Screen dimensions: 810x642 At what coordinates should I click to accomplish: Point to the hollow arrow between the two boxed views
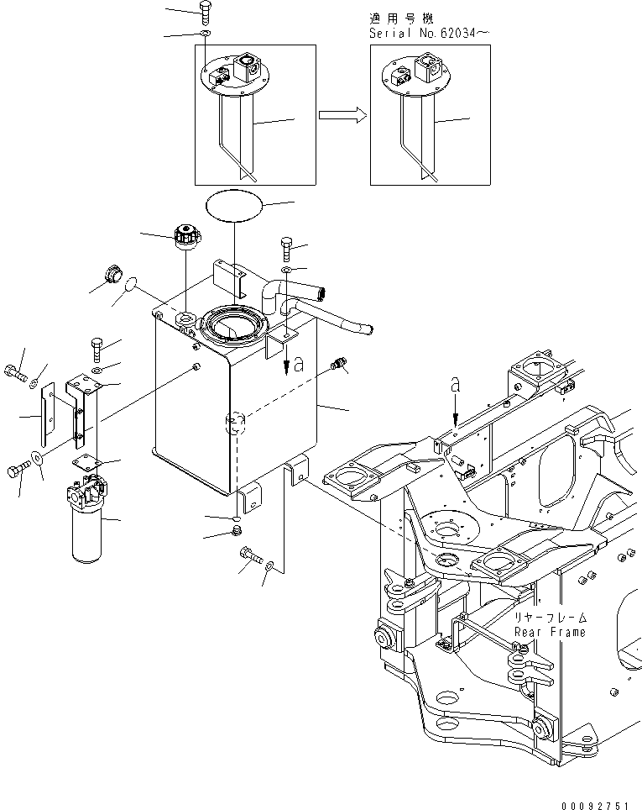[x=344, y=116]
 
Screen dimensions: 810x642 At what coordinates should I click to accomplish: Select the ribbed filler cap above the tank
[x=183, y=236]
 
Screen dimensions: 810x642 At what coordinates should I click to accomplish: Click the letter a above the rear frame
[x=455, y=384]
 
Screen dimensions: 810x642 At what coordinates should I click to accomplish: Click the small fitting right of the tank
[x=340, y=365]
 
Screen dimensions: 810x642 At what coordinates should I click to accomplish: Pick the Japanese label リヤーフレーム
[x=551, y=618]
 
